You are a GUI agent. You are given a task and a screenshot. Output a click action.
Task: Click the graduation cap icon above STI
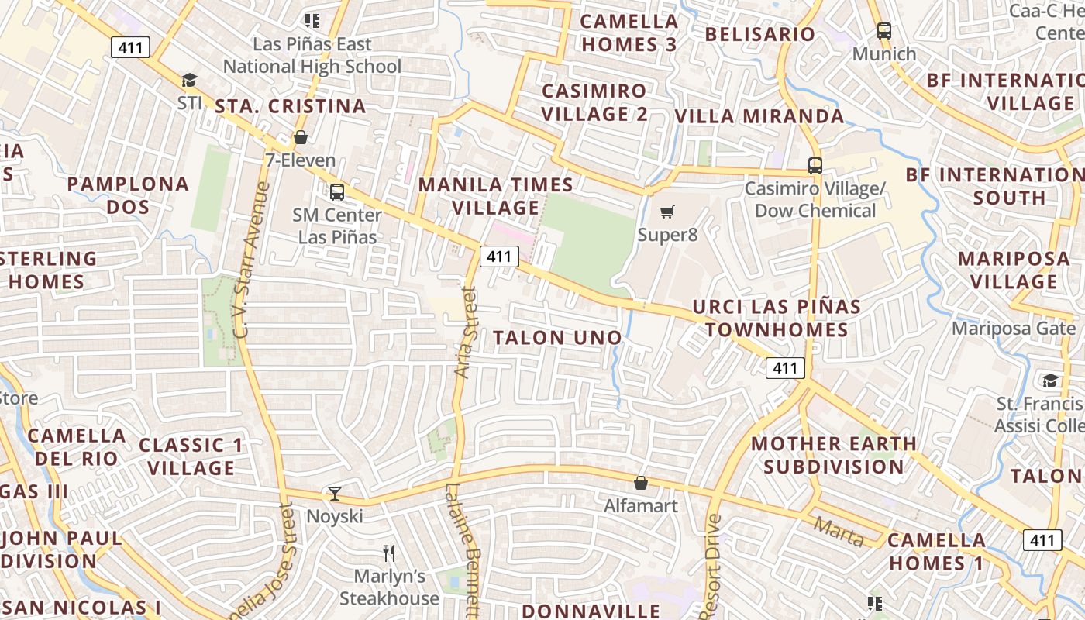point(189,80)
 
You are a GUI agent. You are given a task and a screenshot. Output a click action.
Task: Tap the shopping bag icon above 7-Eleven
point(300,137)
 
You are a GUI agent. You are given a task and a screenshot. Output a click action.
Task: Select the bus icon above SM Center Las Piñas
point(336,191)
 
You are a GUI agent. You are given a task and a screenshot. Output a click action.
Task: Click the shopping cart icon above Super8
point(666,212)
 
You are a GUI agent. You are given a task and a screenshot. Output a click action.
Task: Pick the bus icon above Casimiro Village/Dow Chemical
point(815,165)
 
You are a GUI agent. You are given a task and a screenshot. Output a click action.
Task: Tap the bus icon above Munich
point(883,31)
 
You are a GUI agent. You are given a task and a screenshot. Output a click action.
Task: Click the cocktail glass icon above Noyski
point(334,493)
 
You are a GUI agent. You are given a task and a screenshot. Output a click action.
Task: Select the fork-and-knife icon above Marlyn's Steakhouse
point(389,553)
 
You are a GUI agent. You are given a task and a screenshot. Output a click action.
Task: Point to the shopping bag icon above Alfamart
point(640,483)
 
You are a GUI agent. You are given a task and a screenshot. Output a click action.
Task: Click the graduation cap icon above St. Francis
point(1050,381)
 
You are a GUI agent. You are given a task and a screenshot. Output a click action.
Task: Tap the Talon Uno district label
point(557,338)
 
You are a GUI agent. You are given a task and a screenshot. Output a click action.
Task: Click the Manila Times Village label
point(496,196)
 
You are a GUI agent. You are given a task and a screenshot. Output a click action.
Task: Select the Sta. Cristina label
point(290,106)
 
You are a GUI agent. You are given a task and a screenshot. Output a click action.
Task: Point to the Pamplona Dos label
point(128,195)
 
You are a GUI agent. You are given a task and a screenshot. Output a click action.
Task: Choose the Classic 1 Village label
point(191,456)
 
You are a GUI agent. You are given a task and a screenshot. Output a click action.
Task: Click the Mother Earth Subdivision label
point(834,455)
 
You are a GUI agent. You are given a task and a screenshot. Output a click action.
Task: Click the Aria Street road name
point(465,332)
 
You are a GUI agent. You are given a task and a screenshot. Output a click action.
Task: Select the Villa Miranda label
point(759,116)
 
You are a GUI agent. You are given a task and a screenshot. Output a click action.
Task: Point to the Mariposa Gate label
point(1014,329)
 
